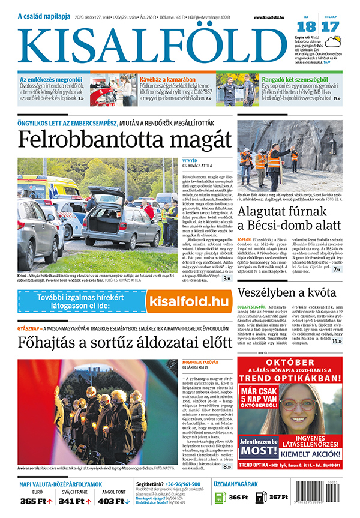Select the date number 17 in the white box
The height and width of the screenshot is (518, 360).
329,26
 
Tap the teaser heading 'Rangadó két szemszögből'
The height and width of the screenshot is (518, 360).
293,78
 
